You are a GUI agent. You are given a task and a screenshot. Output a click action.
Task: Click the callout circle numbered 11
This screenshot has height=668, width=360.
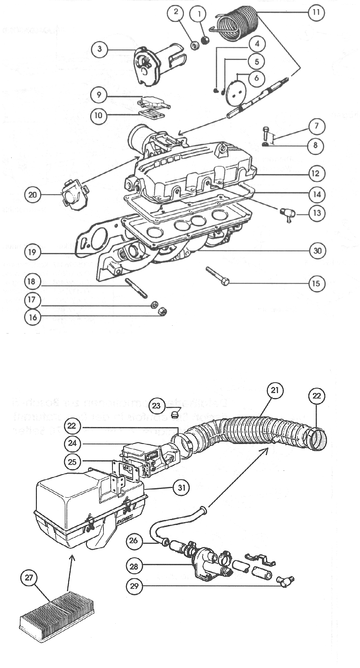316,12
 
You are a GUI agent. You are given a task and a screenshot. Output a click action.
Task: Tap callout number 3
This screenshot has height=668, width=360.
100,50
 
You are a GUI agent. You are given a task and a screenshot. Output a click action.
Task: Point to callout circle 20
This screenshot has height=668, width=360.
33,195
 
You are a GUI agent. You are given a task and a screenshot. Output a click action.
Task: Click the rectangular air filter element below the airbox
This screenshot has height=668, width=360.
57,616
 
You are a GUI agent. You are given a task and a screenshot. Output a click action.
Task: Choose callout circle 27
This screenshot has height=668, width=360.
29,577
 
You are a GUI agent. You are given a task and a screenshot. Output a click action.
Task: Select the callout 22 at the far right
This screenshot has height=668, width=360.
317,396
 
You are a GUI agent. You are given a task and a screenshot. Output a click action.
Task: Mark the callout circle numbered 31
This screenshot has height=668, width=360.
181,488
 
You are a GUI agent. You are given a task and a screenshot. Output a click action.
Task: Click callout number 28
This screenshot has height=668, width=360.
134,566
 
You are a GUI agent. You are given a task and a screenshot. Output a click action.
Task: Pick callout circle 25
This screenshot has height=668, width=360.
73,461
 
